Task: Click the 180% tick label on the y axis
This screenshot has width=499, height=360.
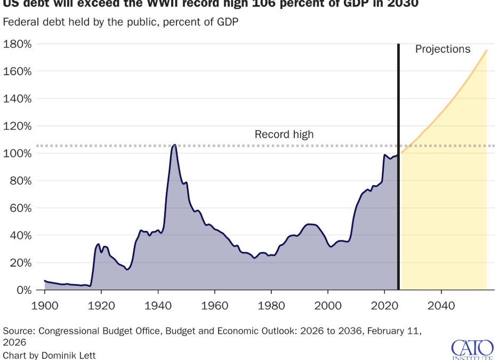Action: point(18,44)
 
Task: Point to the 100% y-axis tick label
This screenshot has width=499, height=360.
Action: point(18,154)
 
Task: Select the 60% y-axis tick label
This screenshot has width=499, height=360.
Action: point(20,208)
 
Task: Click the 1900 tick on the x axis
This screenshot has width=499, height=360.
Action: point(45,306)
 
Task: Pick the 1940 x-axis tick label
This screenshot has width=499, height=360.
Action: point(158,306)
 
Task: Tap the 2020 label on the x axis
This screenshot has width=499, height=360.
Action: point(384,306)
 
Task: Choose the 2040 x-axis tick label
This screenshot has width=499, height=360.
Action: point(441,306)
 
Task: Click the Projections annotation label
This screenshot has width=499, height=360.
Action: point(443,50)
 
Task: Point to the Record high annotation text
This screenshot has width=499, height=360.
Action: point(284,134)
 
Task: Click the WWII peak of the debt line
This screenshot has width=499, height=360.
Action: point(174,145)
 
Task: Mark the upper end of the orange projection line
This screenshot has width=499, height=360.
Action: point(486,50)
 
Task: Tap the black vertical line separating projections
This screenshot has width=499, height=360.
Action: point(398,160)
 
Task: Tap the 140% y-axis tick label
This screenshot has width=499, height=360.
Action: point(18,99)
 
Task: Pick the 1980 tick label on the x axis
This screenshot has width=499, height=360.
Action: point(271,306)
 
